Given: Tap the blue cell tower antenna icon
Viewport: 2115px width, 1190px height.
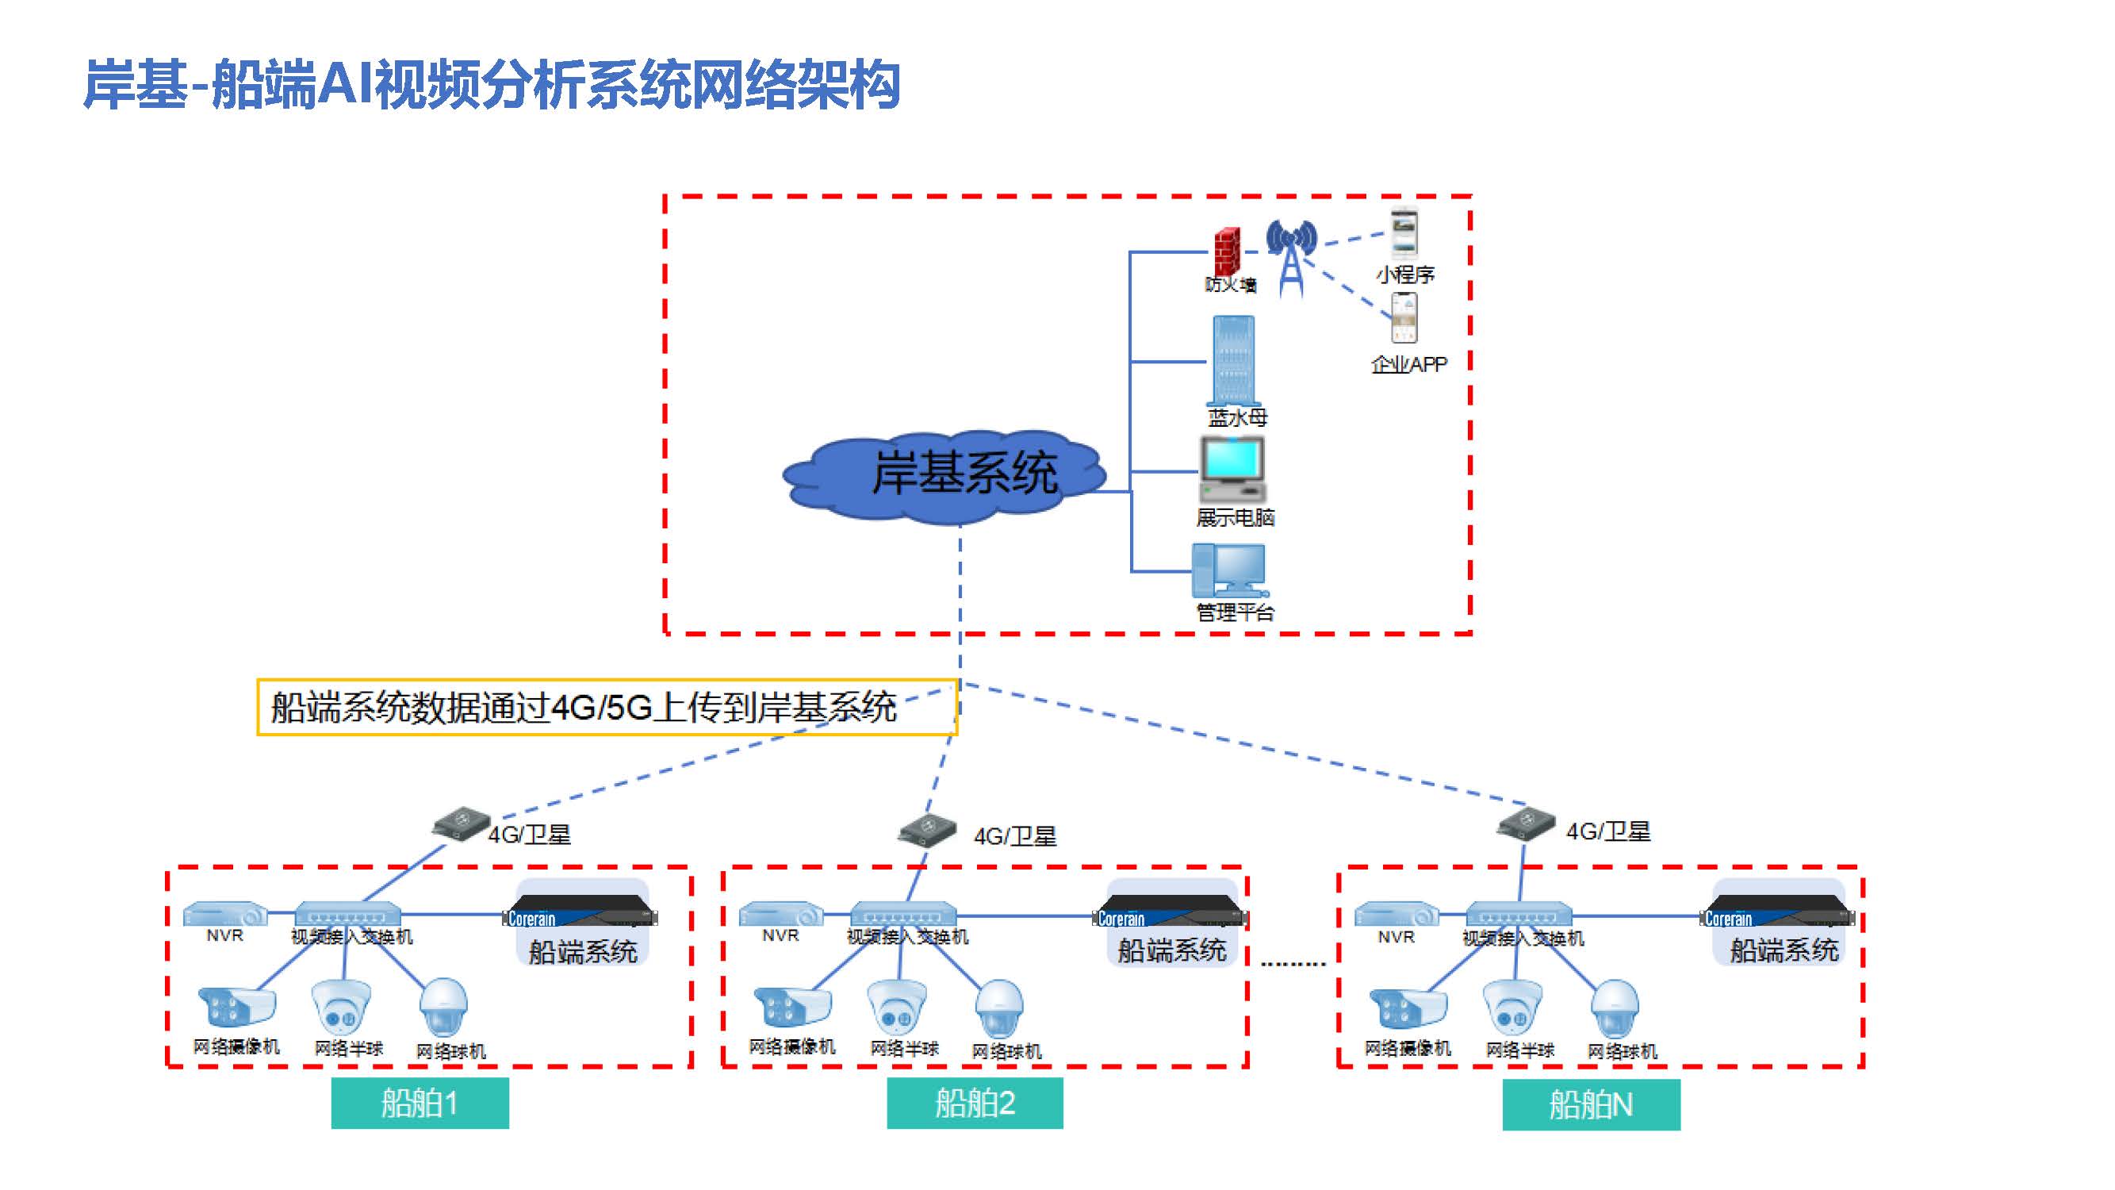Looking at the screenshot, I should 1291,255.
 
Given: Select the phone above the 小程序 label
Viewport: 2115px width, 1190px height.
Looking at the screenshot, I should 1403,234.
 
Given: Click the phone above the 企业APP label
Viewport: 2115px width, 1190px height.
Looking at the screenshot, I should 1404,319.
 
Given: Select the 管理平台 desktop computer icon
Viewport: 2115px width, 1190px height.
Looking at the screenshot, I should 1229,570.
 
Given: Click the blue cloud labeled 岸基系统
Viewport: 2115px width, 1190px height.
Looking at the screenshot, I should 944,475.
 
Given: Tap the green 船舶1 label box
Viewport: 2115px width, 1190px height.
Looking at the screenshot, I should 420,1103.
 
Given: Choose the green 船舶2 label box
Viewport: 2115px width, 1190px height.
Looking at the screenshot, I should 975,1103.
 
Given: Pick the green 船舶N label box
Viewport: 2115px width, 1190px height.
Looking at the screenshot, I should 1590,1104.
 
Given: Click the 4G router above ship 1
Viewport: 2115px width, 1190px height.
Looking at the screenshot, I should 461,823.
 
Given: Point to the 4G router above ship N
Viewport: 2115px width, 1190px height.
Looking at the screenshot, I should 1526,823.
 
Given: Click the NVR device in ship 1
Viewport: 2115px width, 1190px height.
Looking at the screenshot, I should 225,913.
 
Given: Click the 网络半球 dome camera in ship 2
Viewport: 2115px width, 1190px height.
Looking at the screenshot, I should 897,1007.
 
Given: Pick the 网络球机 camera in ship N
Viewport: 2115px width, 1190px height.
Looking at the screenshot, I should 1614,1008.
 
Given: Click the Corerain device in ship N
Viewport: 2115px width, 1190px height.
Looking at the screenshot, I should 1777,912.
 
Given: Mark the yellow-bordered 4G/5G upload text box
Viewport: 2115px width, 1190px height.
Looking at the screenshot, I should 607,707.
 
